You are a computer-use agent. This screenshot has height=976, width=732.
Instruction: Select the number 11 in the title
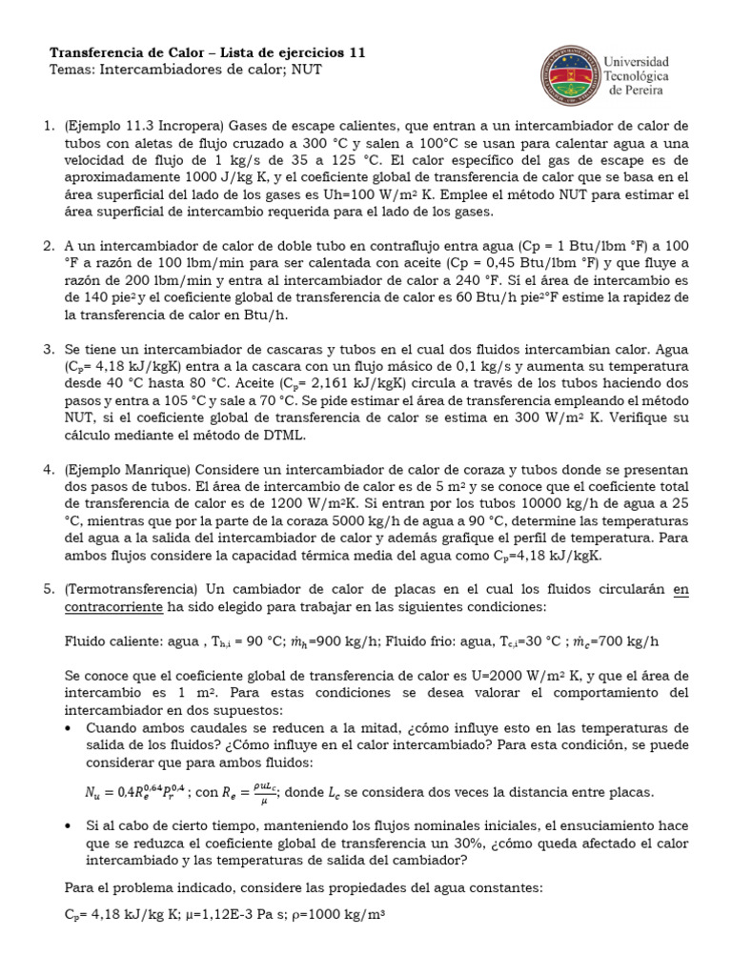(x=356, y=52)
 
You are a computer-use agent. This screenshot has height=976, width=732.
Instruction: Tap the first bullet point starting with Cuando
(x=70, y=727)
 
